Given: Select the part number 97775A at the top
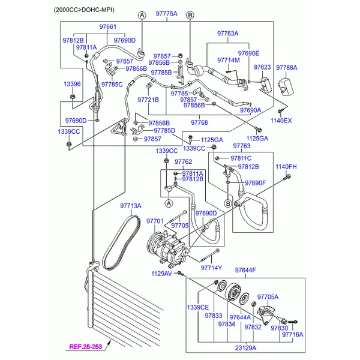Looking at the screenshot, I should tap(166, 13).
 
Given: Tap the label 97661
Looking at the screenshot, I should tap(107, 27).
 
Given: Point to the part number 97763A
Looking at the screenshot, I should tap(227, 34).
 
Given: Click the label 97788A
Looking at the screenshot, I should tap(287, 68).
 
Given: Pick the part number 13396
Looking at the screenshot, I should tap(72, 85).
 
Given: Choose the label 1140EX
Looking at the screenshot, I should tap(281, 121).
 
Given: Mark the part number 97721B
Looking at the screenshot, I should tap(148, 100).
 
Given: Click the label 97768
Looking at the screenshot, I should tap(199, 122).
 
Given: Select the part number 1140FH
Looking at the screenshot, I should tap(286, 166).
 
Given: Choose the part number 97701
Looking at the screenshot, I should tap(155, 222).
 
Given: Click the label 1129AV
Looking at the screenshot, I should tap(161, 274).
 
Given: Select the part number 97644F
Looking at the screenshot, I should tap(245, 271).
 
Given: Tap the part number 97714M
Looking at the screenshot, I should tap(229, 60).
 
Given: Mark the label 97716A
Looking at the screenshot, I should tap(293, 335).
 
